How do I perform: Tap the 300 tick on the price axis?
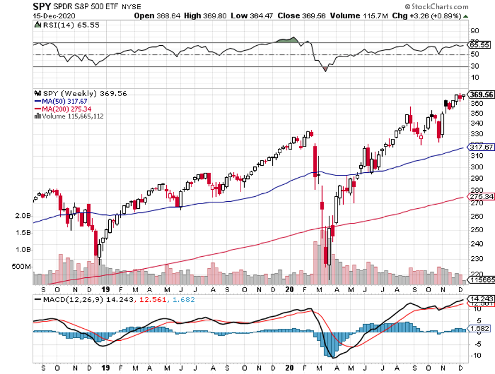click(x=477, y=167)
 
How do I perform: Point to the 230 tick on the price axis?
click(x=477, y=258)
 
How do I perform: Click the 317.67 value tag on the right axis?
click(x=480, y=147)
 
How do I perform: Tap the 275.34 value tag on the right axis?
click(x=480, y=197)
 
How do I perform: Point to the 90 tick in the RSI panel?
click(x=474, y=30)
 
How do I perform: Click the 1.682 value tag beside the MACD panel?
click(x=480, y=329)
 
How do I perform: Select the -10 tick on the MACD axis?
click(x=476, y=356)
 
